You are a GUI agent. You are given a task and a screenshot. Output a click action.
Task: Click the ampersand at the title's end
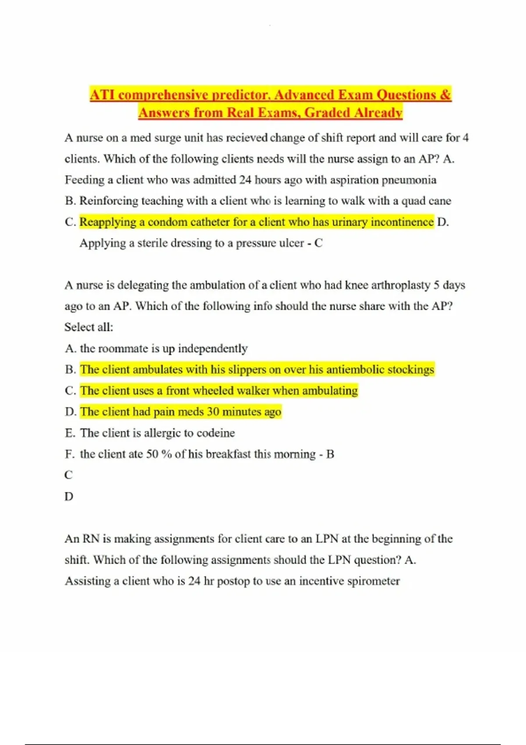445,95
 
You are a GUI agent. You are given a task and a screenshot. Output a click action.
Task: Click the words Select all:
89,327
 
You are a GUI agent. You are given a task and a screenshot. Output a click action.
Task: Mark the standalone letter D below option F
69,497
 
